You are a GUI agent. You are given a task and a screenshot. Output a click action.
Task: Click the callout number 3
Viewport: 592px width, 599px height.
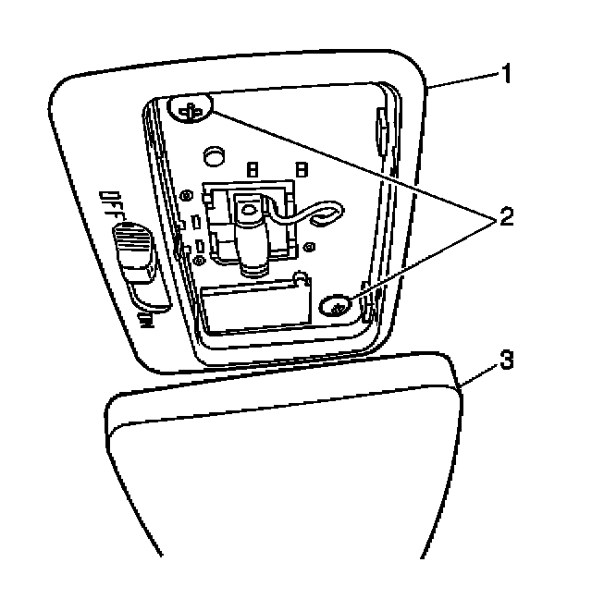click(x=504, y=361)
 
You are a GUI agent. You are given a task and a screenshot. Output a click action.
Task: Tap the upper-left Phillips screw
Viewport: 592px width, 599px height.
click(x=192, y=111)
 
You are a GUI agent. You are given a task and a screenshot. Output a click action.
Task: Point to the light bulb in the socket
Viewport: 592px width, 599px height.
click(x=251, y=238)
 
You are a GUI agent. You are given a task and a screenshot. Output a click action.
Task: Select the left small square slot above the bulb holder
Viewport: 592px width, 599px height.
click(x=250, y=169)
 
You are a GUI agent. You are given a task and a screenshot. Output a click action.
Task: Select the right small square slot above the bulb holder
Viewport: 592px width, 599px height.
click(x=301, y=169)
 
